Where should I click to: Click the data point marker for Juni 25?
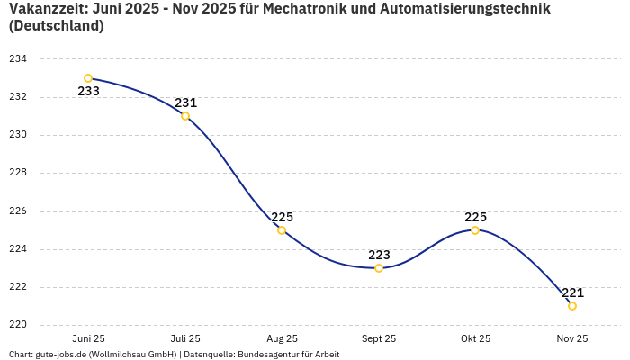click(88, 78)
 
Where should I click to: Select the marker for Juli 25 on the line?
click(185, 116)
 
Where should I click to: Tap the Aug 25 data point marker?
click(282, 230)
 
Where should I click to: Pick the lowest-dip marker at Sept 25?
click(379, 268)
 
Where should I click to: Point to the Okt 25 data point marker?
click(475, 230)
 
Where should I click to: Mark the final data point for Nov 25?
click(572, 306)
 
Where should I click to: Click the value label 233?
click(88, 91)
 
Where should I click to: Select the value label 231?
click(185, 103)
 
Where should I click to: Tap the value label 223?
click(379, 255)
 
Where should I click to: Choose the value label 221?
click(572, 292)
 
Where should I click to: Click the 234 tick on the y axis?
click(18, 59)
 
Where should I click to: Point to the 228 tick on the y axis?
click(18, 173)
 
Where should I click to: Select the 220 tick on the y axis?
click(18, 325)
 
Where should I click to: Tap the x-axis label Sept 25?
click(379, 338)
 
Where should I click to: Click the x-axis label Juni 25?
click(88, 338)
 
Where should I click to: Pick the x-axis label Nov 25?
click(572, 338)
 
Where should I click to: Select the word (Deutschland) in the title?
click(56, 26)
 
